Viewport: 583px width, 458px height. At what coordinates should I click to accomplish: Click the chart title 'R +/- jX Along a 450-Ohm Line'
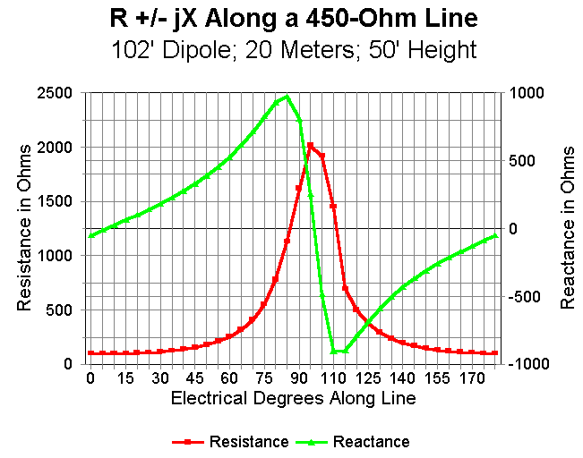(292, 17)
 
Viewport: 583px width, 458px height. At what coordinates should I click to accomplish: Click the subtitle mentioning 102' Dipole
(292, 49)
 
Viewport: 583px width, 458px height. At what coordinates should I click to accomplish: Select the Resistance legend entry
(248, 441)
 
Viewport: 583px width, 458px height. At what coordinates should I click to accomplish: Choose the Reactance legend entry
(371, 441)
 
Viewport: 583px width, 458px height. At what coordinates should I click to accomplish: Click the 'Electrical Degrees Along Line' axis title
(293, 398)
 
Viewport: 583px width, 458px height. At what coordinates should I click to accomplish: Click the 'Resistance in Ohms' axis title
(24, 228)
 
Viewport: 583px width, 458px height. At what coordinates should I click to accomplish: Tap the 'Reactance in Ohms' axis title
(567, 228)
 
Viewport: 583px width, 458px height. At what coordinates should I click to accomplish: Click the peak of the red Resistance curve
(311, 145)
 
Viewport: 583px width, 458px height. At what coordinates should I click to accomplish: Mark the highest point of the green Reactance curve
(287, 97)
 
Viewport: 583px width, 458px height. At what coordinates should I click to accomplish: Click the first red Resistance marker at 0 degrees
(90, 353)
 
